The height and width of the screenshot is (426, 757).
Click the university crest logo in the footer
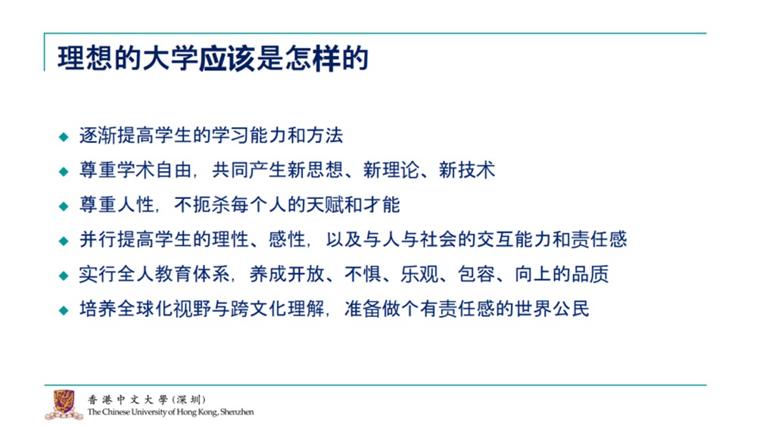(x=64, y=404)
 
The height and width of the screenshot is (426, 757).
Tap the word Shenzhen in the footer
(x=237, y=412)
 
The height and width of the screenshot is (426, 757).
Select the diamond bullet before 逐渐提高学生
(x=64, y=137)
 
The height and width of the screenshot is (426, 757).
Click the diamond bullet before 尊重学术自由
(x=64, y=172)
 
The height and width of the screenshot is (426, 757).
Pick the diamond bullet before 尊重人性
(x=64, y=207)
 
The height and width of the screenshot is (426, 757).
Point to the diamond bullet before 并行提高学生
(x=64, y=241)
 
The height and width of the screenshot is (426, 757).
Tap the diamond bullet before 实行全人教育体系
(x=64, y=275)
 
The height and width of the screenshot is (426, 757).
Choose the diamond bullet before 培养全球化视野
(x=64, y=310)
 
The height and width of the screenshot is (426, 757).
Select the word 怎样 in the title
(x=311, y=58)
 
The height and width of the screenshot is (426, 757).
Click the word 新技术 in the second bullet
(x=467, y=170)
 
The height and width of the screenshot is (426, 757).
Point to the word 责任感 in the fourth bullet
(x=599, y=239)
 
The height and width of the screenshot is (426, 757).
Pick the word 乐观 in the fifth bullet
(x=419, y=274)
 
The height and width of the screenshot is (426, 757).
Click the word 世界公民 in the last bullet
(x=552, y=309)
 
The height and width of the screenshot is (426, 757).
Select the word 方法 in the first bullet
(x=325, y=135)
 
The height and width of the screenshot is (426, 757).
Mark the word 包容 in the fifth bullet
(x=476, y=274)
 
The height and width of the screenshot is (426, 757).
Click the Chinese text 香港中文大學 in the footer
(x=127, y=400)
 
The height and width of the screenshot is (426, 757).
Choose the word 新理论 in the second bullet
(x=391, y=170)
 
